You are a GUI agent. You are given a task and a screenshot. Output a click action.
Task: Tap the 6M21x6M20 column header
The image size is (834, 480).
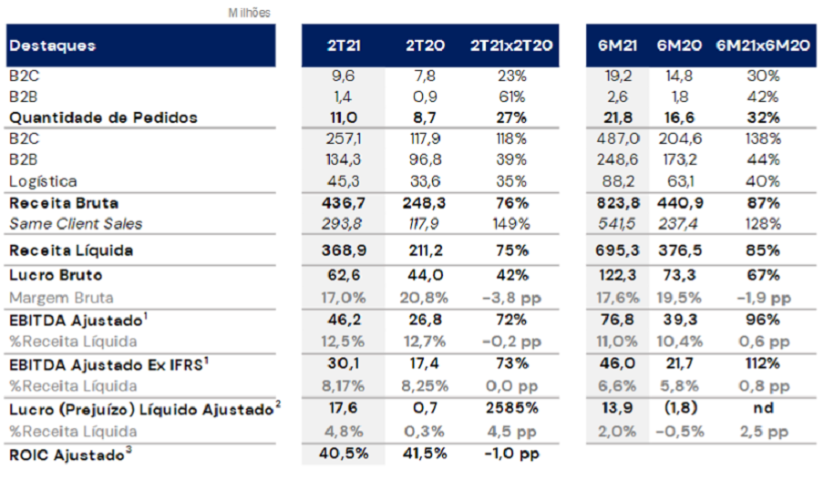pos(762,46)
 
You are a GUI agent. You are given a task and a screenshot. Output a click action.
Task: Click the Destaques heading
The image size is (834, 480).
pos(53,46)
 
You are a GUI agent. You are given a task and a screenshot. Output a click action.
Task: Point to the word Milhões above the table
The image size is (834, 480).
pos(249,13)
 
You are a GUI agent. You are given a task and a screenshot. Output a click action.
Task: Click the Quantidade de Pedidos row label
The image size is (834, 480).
pos(103,117)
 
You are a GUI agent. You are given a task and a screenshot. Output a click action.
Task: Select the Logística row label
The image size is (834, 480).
pos(43,181)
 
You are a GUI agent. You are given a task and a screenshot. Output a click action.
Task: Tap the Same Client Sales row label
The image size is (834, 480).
pos(76,223)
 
